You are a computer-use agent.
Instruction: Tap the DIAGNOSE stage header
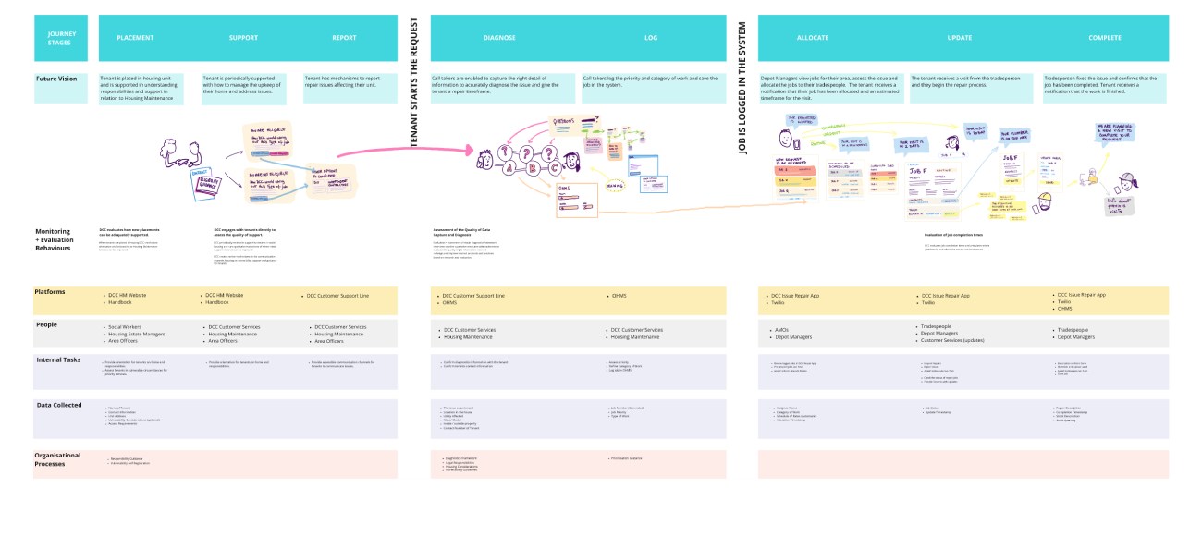point(499,38)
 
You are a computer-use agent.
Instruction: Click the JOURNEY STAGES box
point(60,38)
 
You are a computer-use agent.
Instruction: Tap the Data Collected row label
point(60,405)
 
